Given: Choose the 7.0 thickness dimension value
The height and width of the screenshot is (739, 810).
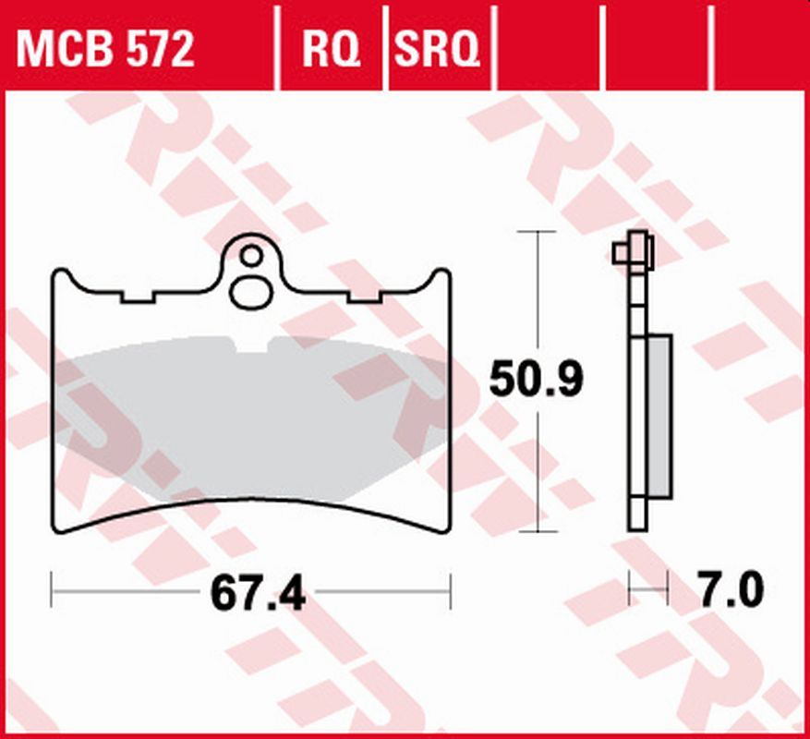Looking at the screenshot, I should [x=731, y=589].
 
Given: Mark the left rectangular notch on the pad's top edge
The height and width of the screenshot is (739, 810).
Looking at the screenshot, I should [x=138, y=297].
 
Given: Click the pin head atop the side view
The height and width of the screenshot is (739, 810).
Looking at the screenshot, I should [x=635, y=250].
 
